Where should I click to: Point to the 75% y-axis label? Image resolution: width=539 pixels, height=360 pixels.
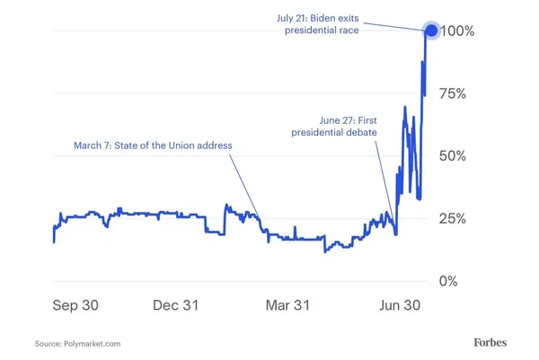[470, 93]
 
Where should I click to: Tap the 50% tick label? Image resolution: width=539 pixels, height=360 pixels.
[470, 156]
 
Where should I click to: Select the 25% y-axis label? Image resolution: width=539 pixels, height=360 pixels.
[470, 219]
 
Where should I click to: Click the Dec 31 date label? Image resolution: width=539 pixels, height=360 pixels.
[175, 305]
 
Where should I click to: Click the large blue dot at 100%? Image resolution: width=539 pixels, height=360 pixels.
[431, 31]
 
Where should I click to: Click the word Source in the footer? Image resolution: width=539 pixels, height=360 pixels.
[48, 344]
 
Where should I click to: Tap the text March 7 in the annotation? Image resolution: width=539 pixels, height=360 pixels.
[93, 145]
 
